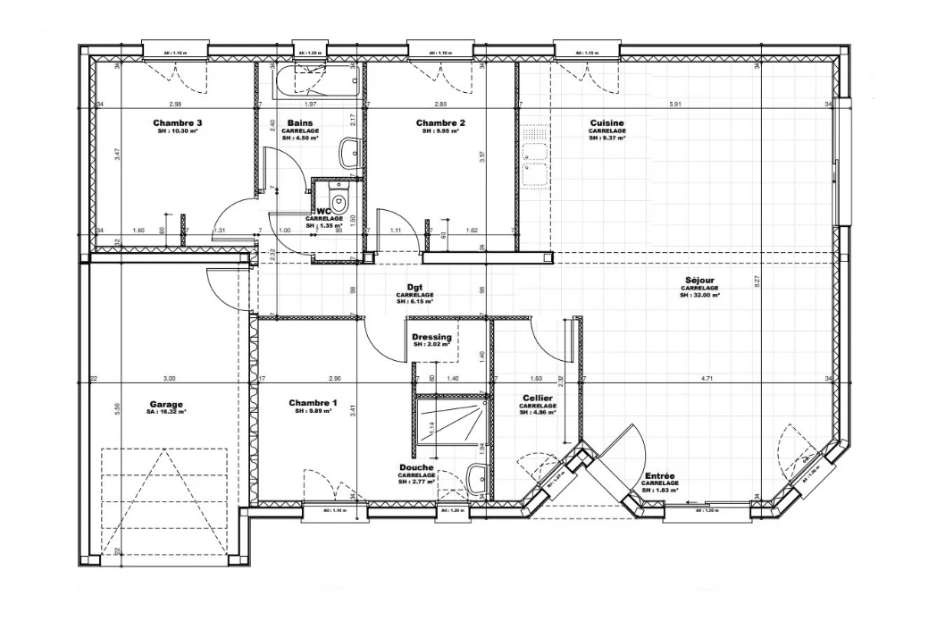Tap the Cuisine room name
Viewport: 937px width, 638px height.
point(607,122)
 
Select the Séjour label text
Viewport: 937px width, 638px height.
point(699,280)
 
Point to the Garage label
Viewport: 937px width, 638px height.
point(167,404)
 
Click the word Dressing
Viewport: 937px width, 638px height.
point(431,337)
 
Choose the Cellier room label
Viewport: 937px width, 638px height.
point(537,398)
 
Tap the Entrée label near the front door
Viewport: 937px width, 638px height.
point(659,476)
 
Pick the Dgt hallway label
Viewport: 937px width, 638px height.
point(414,288)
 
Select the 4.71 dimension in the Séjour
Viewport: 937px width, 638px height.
point(706,379)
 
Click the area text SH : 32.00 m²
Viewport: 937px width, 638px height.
point(699,295)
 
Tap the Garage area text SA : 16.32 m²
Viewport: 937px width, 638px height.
point(167,413)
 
